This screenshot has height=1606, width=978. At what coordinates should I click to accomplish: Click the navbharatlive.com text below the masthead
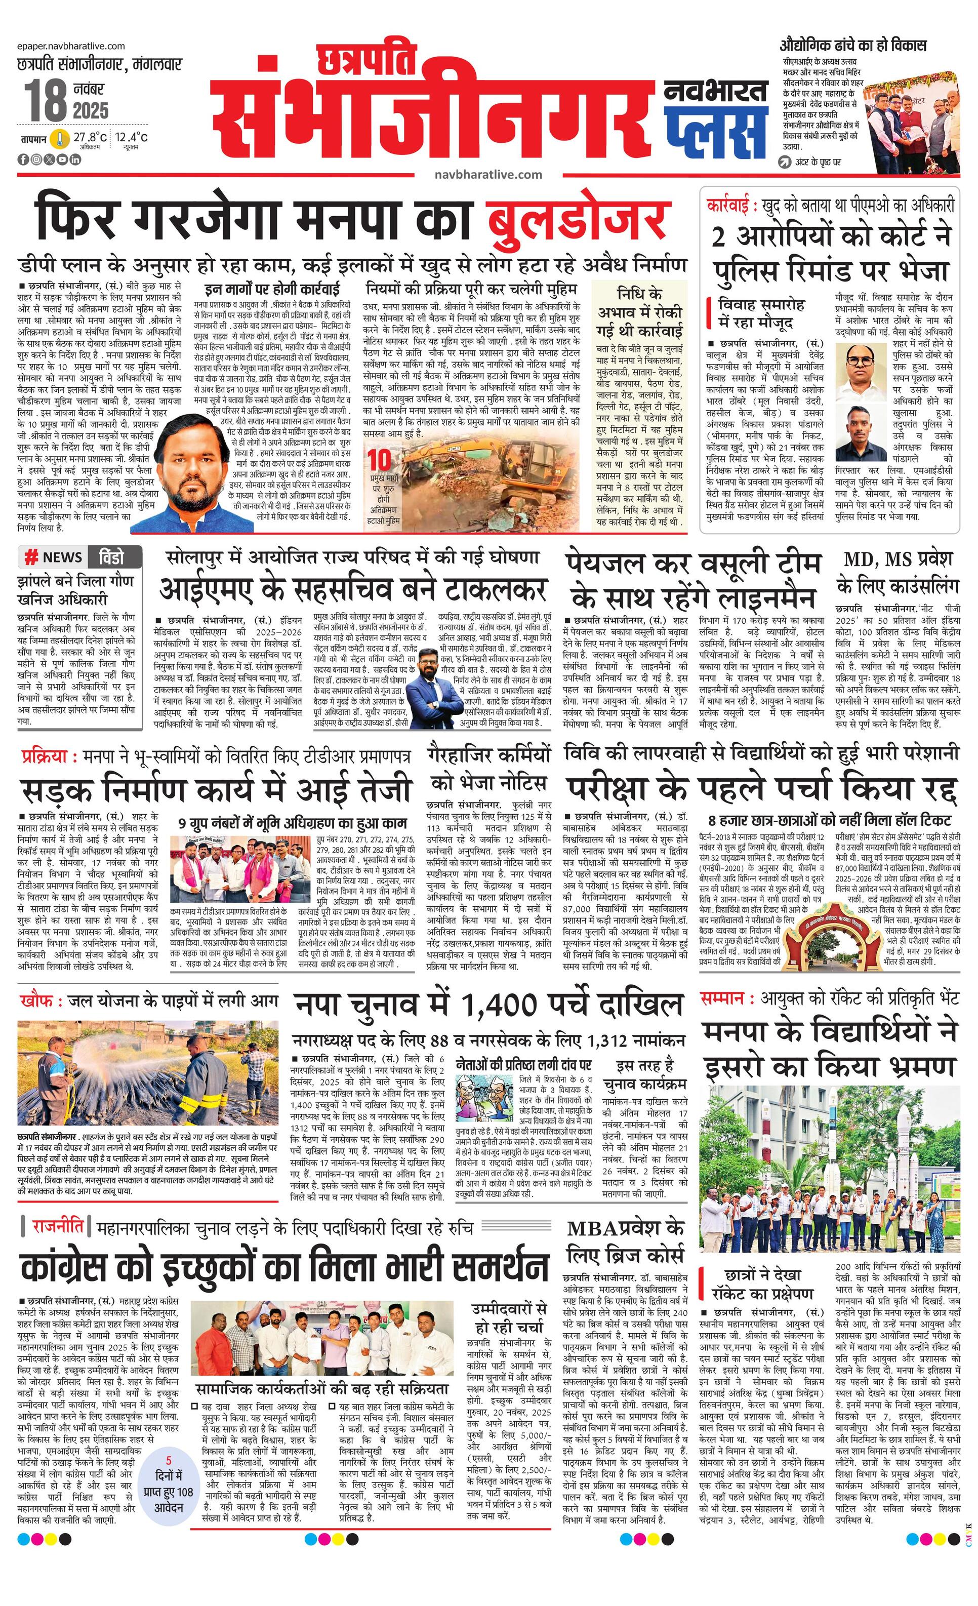pos(488,174)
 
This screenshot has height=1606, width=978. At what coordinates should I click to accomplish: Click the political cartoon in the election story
pos(486,1098)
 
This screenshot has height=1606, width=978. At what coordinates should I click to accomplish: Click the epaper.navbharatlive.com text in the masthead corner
pos(72,46)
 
